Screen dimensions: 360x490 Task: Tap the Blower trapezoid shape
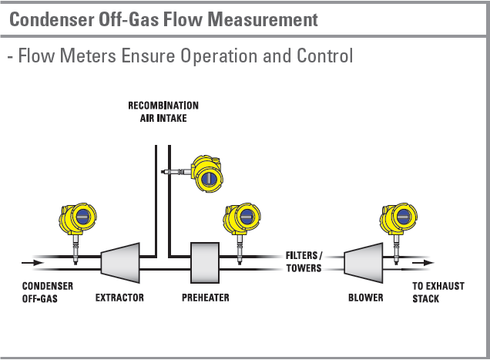coord(363,264)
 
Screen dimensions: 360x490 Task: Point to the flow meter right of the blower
coord(397,220)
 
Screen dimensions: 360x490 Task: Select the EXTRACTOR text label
coord(119,297)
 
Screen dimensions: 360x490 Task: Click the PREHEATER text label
coord(206,297)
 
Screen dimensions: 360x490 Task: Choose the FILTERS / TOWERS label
coord(304,262)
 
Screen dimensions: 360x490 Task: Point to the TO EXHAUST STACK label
coord(438,291)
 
